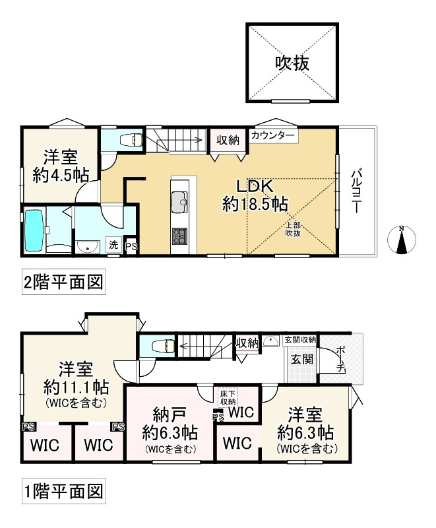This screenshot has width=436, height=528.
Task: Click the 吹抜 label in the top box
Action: click(x=293, y=63)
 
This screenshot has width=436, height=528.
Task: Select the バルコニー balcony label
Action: click(x=356, y=192)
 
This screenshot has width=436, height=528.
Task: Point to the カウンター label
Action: click(x=273, y=135)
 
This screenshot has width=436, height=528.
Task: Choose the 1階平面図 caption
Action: click(x=62, y=491)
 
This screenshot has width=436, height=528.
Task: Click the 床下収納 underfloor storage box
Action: click(x=228, y=397)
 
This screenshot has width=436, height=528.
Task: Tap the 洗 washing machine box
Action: click(x=114, y=245)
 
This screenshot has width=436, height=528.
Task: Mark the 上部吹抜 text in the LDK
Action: click(x=293, y=228)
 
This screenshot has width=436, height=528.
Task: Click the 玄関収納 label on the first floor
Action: click(x=300, y=340)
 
